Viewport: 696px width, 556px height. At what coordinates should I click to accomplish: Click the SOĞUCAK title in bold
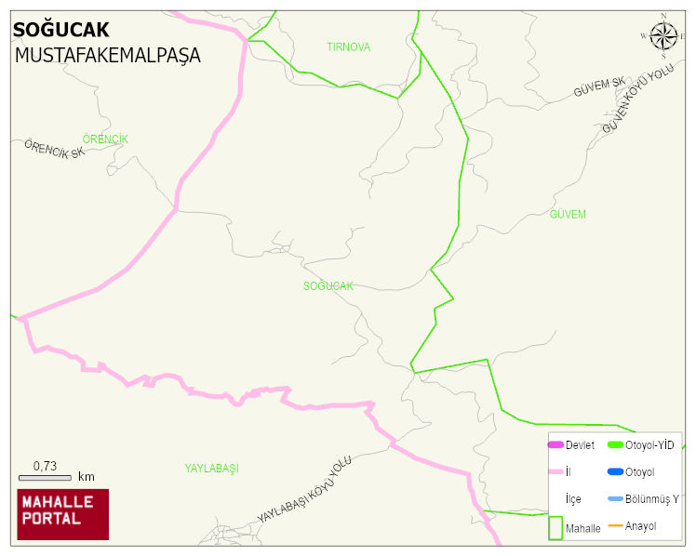click(60, 31)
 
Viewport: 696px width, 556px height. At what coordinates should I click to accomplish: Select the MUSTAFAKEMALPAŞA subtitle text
click(107, 55)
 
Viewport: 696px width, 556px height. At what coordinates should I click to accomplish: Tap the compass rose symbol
click(663, 35)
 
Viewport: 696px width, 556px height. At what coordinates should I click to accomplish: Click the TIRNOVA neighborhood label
click(348, 46)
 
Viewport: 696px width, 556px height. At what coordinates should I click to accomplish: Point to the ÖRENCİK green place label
click(105, 139)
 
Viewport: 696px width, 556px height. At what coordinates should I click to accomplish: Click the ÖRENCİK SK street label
click(54, 149)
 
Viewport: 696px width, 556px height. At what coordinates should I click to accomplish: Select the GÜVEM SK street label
click(600, 88)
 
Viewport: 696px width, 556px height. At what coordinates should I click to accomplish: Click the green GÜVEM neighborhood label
click(568, 215)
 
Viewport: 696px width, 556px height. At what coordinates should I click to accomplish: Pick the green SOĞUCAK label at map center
click(328, 286)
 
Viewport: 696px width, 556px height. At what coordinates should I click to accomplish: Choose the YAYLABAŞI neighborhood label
click(211, 469)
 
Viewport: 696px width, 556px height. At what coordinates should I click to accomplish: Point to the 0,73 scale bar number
click(46, 465)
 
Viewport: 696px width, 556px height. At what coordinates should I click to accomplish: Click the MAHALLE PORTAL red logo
click(63, 514)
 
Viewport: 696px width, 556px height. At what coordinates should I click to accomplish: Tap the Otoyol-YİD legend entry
click(641, 445)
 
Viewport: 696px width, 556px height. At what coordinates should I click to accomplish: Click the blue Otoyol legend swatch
click(615, 472)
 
